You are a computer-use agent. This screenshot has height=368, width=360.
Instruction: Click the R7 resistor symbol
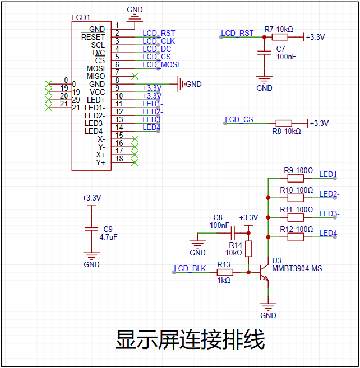[280, 37]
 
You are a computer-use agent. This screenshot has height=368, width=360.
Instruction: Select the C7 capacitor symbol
[264, 53]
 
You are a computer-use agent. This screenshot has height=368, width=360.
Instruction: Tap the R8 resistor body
[284, 123]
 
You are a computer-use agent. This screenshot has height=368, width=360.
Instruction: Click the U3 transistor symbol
[264, 272]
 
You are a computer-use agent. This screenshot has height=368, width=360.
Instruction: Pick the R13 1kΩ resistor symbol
[225, 272]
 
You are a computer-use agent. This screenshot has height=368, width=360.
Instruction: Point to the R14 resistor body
[248, 249]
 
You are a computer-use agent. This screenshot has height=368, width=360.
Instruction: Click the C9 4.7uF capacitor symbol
[91, 229]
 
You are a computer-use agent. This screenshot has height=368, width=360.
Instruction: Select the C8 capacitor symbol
[233, 233]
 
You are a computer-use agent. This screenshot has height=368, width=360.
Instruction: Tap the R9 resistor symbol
[296, 178]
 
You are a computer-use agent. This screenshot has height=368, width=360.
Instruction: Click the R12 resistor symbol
[296, 237]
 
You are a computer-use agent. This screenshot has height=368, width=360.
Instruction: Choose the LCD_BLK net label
[190, 268]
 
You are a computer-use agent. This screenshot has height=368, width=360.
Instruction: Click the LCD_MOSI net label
[161, 64]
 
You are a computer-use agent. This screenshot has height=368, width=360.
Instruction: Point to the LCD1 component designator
[81, 17]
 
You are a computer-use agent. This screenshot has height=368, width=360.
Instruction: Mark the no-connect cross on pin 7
[135, 76]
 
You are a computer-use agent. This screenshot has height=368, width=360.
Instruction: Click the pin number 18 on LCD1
[119, 159]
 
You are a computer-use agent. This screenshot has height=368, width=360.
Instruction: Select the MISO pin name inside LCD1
[96, 76]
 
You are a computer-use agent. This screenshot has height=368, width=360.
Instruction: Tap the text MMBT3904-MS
[297, 268]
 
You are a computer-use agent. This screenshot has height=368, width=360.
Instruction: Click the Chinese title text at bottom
[190, 339]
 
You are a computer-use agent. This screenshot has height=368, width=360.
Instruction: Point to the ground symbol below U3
[268, 307]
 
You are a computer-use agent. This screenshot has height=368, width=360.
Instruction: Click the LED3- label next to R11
[329, 213]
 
